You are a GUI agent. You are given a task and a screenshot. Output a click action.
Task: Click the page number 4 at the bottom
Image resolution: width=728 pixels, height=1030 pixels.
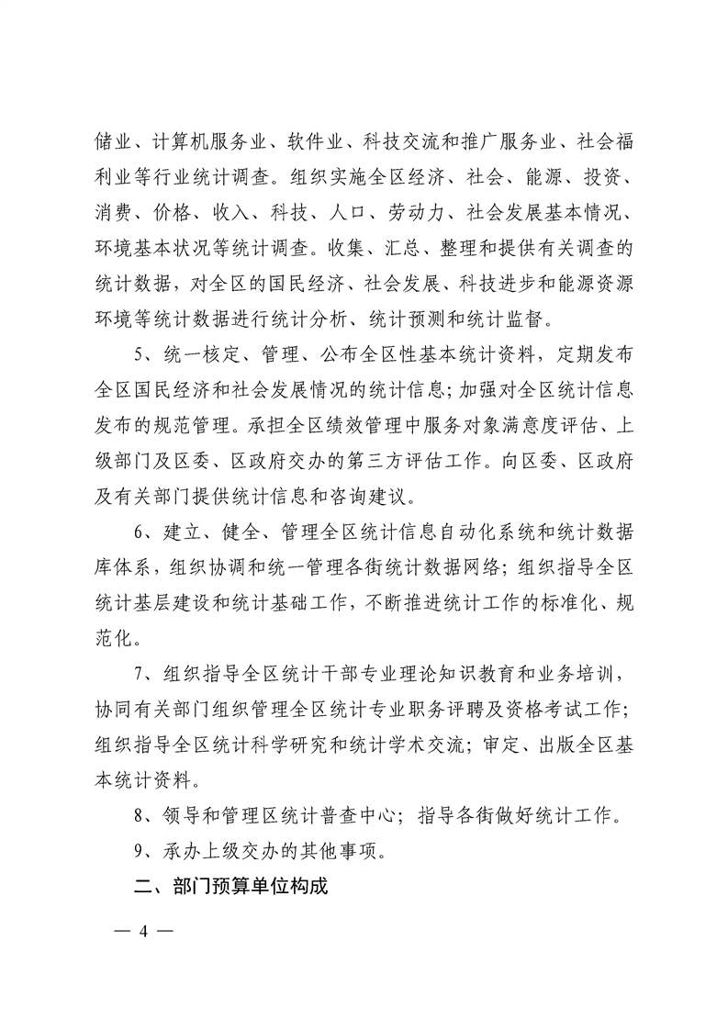[142, 929]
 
